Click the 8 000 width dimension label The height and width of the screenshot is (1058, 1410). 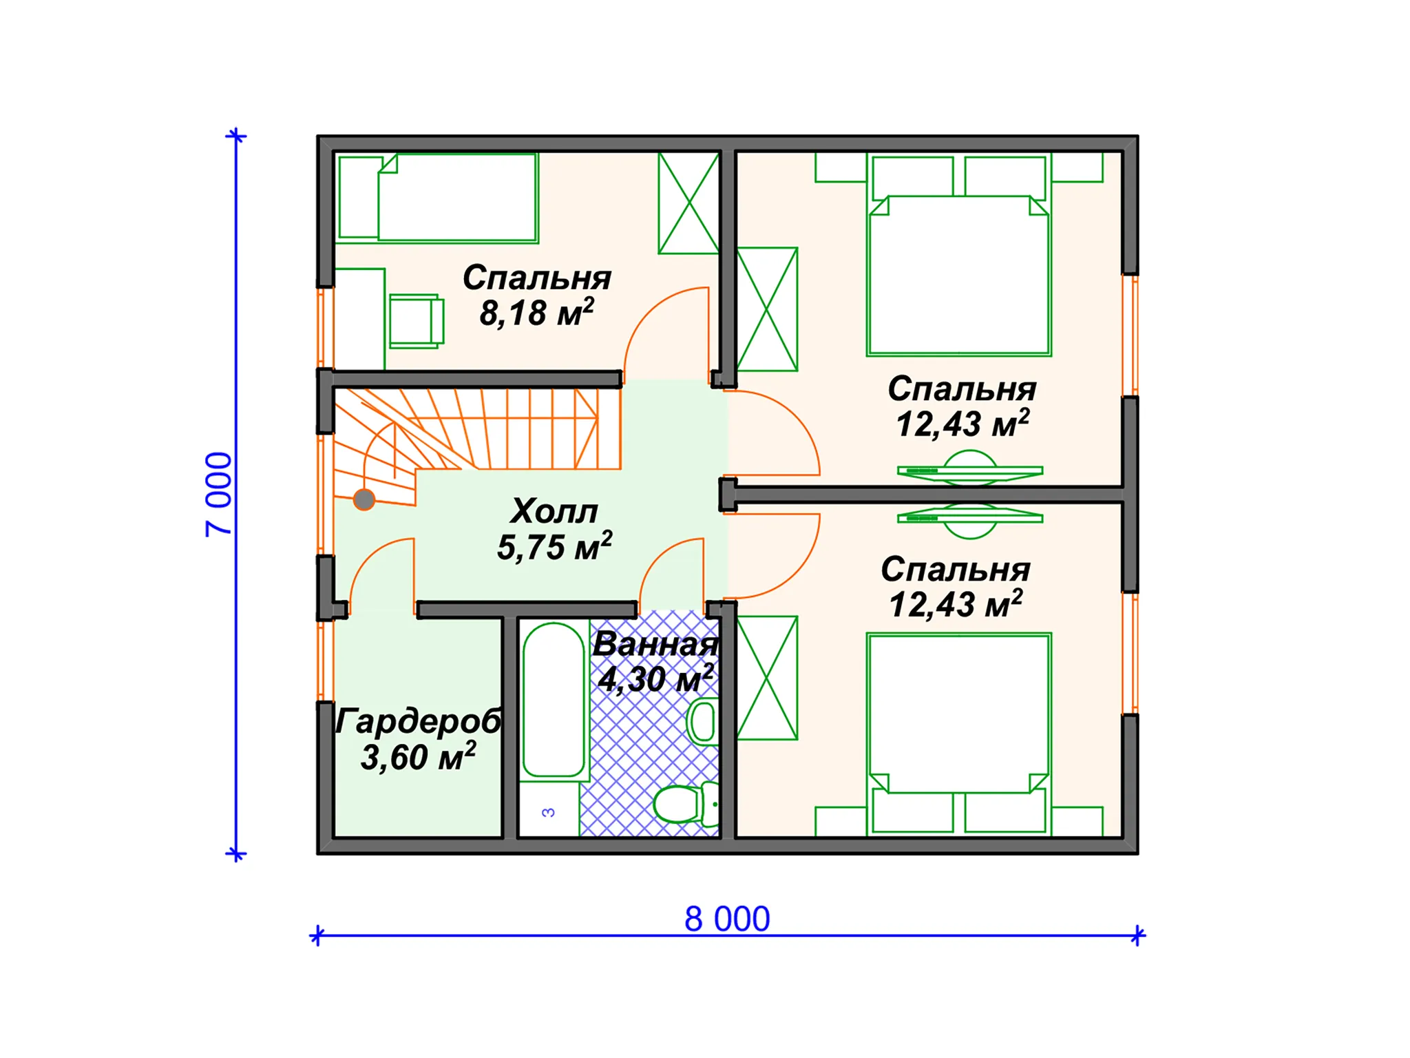tap(727, 919)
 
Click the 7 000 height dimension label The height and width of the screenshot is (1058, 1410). tap(219, 494)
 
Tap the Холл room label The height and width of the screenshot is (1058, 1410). tap(554, 511)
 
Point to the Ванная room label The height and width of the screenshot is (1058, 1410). tap(655, 645)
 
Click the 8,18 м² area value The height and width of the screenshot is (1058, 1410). tap(537, 313)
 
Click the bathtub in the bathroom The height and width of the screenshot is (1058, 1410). tap(554, 700)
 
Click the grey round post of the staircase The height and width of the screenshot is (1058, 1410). tap(364, 499)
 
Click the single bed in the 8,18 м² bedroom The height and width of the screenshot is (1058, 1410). tap(438, 198)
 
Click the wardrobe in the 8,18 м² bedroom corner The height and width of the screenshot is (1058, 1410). tap(689, 203)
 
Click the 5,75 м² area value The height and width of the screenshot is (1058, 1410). tap(555, 548)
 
